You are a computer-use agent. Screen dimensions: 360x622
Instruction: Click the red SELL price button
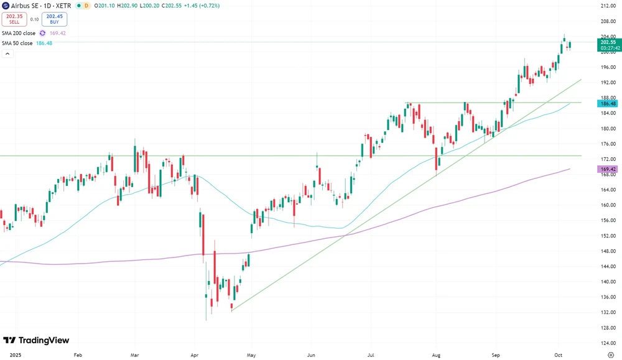[x=14, y=19]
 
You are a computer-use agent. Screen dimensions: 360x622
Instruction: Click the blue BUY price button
[x=55, y=19]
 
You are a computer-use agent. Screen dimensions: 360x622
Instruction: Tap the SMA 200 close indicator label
[x=18, y=33]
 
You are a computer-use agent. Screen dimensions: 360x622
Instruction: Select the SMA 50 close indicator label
[x=17, y=43]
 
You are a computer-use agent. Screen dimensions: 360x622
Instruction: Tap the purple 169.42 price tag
[x=606, y=169]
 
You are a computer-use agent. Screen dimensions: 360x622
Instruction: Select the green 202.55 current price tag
[x=607, y=43]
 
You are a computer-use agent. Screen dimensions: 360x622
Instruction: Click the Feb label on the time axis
[x=78, y=354]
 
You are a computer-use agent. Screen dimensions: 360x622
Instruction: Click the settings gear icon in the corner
[x=610, y=354]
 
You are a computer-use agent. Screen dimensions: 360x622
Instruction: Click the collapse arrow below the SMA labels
[x=7, y=54]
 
